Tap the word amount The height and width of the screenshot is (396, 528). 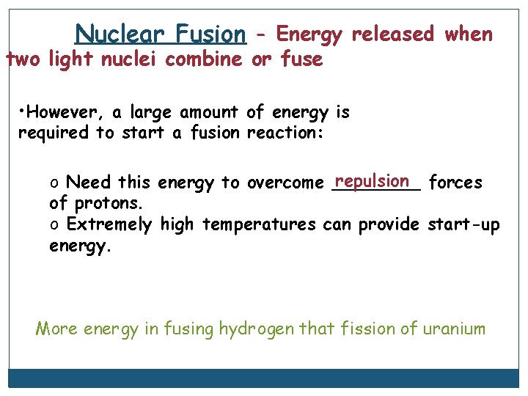click(208, 112)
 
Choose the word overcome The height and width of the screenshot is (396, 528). click(285, 183)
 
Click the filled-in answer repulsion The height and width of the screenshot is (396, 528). click(372, 180)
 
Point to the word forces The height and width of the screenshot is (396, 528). click(455, 183)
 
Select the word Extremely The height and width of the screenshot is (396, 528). click(110, 224)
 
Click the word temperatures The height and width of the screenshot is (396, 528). click(259, 224)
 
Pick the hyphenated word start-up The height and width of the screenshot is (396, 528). click(463, 224)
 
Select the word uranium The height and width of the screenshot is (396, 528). click(454, 328)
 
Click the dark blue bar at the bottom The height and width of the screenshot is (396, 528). click(263, 378)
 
